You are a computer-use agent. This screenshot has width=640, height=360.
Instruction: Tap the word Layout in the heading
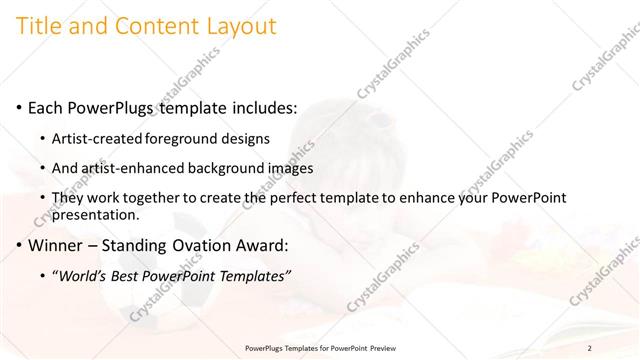coord(239,27)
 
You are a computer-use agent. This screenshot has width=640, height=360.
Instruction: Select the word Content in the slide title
coord(155,27)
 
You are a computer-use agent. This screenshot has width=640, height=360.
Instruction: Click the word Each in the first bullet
coord(46,107)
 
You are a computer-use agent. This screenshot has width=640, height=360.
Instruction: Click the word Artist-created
coord(102,138)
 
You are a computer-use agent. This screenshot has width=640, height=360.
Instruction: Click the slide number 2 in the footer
coord(589,347)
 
